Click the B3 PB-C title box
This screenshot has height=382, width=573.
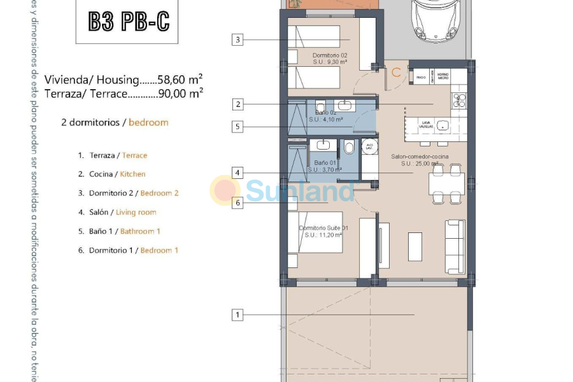[x=129, y=22]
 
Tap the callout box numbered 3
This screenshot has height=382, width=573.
[x=237, y=40]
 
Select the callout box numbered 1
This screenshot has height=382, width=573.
[x=237, y=315]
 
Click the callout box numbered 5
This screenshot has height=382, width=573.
[x=237, y=127]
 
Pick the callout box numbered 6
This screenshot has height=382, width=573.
[x=237, y=203]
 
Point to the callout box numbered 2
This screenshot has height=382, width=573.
[x=237, y=104]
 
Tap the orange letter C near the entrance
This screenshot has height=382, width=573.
[x=396, y=73]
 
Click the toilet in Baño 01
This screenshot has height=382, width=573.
[x=348, y=148]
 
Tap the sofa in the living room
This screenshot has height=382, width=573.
[x=454, y=246]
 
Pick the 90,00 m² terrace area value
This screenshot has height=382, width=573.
[x=184, y=93]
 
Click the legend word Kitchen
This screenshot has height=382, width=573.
[x=133, y=174]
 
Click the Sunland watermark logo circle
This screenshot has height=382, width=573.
[x=225, y=190]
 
